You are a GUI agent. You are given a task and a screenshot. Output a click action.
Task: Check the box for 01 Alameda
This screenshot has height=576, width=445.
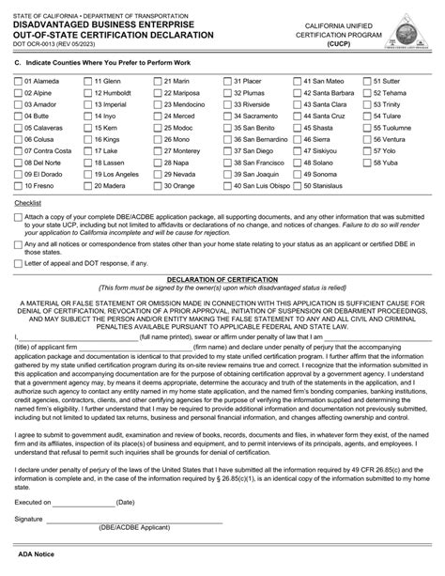coord(18,81)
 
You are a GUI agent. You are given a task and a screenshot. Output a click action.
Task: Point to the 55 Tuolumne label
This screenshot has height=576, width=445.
coord(405,128)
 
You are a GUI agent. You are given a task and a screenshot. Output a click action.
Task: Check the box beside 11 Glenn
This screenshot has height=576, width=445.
coord(88,81)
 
